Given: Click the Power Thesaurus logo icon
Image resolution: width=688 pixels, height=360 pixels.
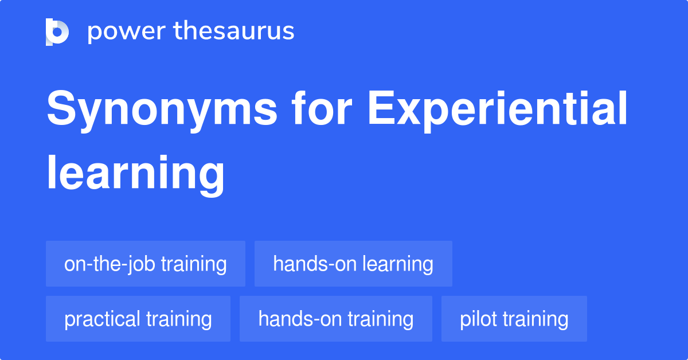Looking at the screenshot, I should tap(57, 32).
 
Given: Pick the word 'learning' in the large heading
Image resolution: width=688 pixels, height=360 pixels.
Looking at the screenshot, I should tap(135, 171).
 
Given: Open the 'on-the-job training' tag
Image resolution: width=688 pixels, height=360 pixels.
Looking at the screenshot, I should tap(146, 264).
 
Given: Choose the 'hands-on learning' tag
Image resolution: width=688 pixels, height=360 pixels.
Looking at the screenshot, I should tap(353, 264).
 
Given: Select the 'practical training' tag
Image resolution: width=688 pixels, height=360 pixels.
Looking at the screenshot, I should tap(138, 319).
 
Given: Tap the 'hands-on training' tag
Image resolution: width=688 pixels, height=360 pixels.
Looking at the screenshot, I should tap(336, 319).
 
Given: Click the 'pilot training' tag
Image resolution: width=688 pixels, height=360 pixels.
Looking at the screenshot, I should tap(514, 319).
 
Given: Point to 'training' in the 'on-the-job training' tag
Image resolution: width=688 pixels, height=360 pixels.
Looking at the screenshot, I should tap(193, 264).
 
